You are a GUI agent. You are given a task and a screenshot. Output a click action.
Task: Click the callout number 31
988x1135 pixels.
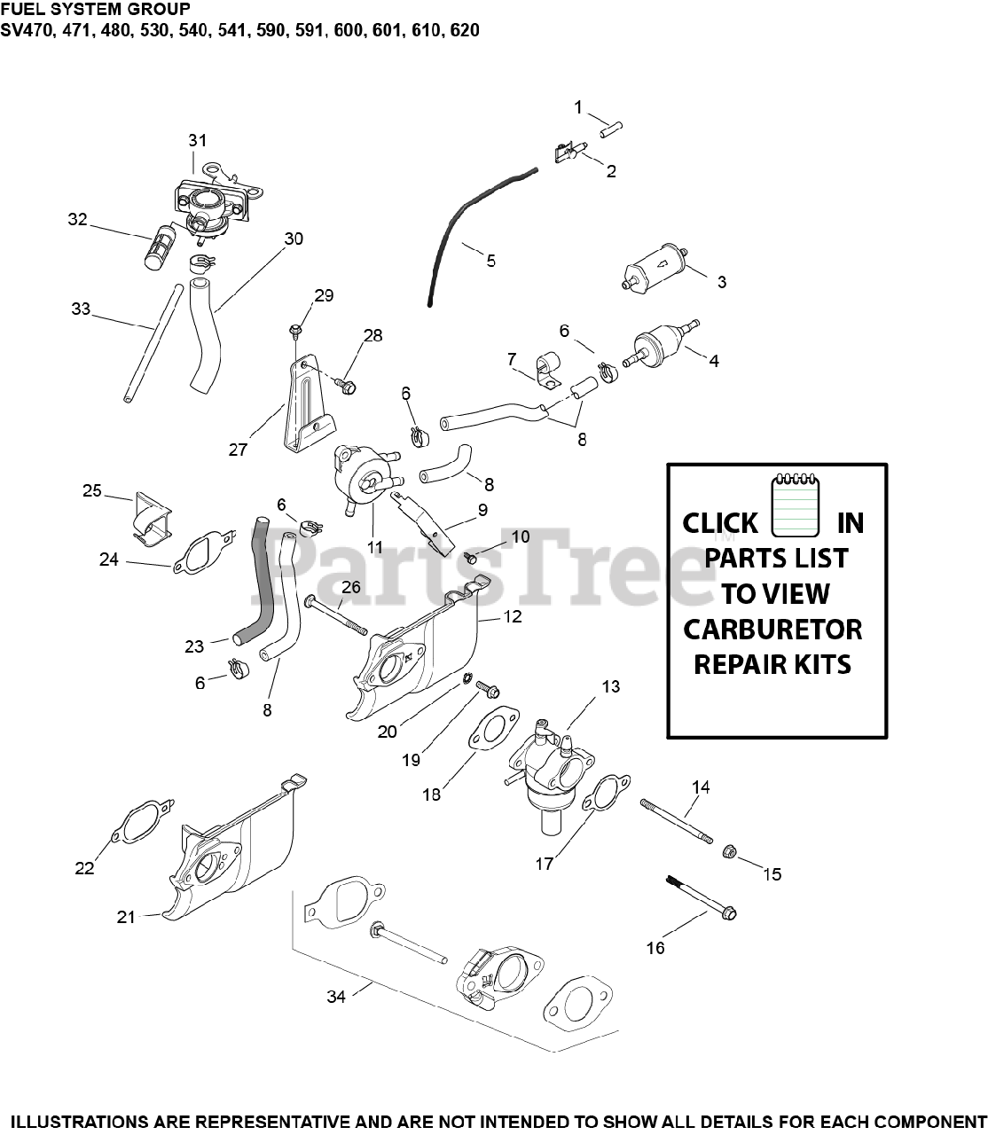[197, 140]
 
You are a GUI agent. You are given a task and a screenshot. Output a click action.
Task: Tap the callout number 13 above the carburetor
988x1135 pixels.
[610, 686]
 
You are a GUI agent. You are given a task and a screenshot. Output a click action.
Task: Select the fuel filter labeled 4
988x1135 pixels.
[660, 345]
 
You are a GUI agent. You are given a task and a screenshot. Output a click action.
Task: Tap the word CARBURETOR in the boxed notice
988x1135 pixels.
[772, 630]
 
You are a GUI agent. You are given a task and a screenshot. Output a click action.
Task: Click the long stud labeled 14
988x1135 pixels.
[677, 820]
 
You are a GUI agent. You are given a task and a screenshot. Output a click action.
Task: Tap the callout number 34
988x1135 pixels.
[336, 997]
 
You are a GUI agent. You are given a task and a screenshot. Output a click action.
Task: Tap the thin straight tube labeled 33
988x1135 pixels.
[153, 341]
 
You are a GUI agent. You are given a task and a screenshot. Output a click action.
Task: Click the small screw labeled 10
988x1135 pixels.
[470, 557]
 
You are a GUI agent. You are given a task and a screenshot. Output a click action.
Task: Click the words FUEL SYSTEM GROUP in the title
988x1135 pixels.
[95, 10]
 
